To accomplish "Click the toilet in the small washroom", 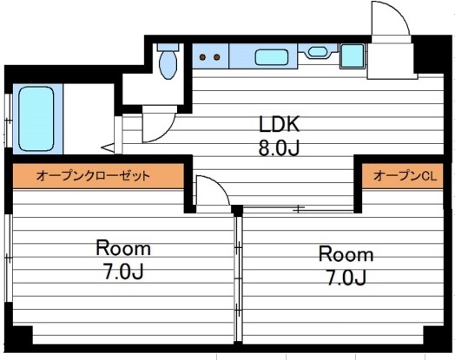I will pos(168,62).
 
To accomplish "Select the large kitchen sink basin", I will pos(272,58).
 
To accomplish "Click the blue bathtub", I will pos(36,119).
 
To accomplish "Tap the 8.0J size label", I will pos(277,147).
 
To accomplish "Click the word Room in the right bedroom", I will pos(346,255).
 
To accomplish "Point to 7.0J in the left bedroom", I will pos(123,272).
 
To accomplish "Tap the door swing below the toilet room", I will pos(157,127).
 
